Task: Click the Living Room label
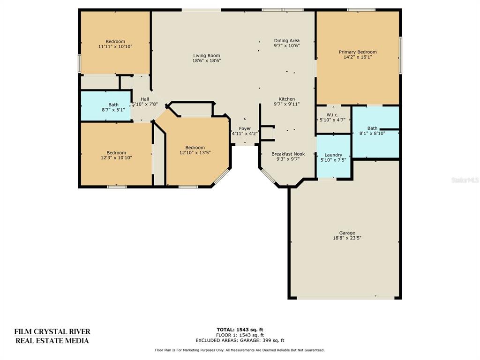[207, 55]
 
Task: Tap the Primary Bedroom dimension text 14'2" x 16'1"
[358, 57]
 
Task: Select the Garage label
[347, 232]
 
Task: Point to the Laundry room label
[333, 155]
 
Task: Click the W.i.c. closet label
[332, 115]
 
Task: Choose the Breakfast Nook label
[288, 154]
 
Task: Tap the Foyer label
[245, 128]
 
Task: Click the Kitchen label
[286, 99]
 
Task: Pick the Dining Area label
[286, 40]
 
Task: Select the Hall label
[145, 99]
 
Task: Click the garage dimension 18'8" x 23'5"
[347, 238]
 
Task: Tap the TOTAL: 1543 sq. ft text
[240, 330]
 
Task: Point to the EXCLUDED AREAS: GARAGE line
[240, 340]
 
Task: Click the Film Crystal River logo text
[52, 336]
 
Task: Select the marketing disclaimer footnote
[240, 350]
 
